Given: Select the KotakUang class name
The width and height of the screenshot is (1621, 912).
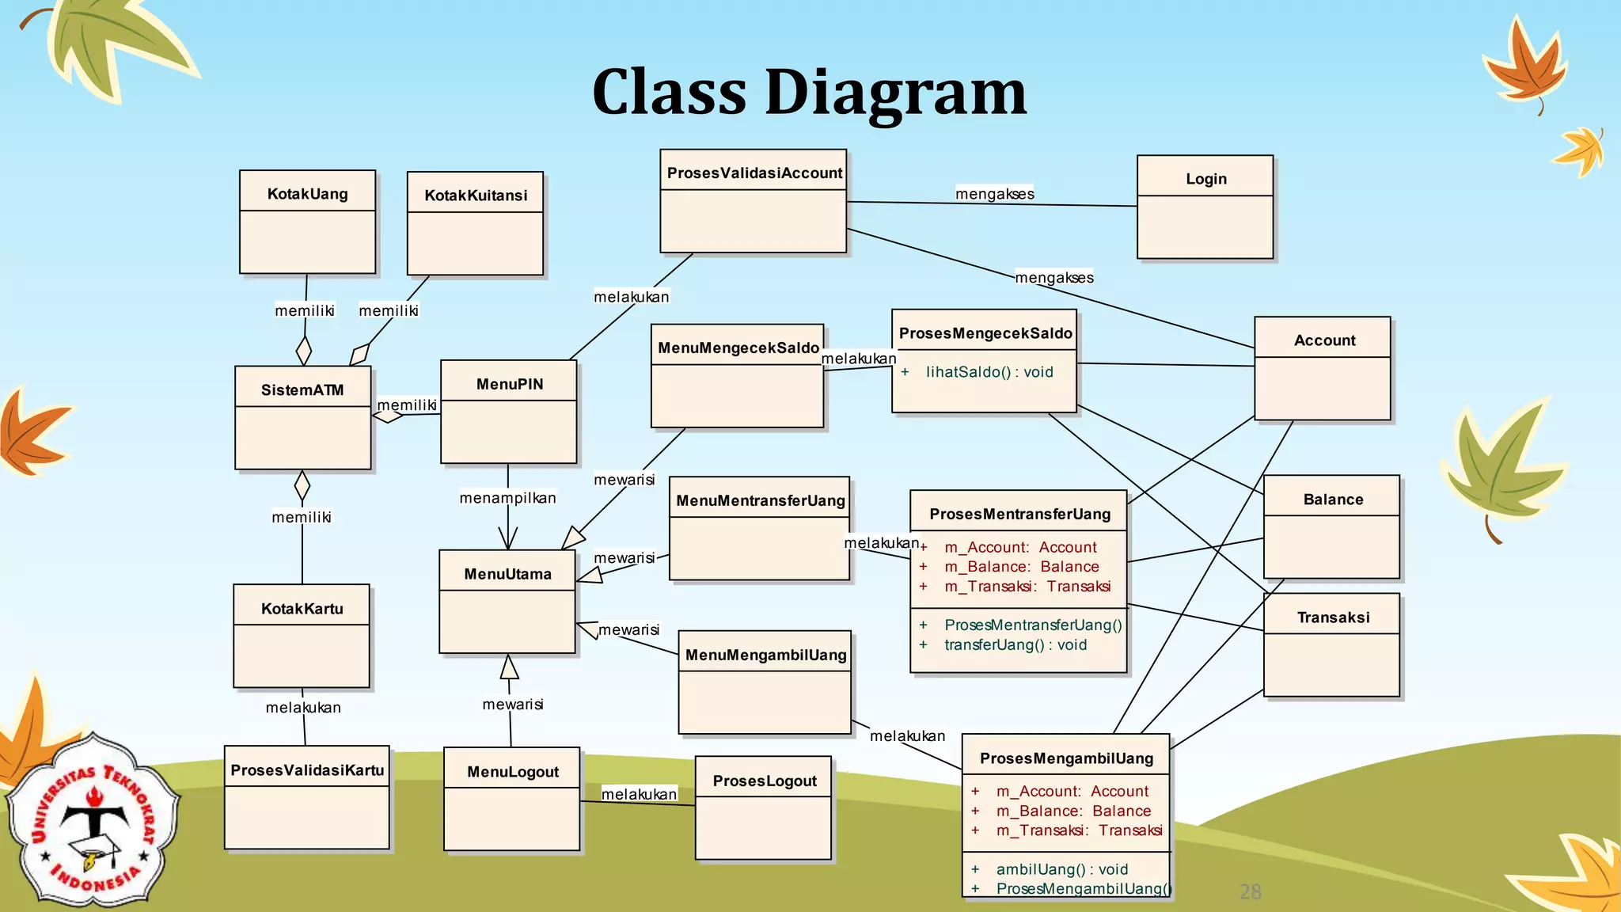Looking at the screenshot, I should [x=307, y=194].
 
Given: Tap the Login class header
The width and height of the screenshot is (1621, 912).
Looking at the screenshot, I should [x=1205, y=179].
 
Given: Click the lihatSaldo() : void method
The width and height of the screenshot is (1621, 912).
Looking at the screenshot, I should [x=989, y=372].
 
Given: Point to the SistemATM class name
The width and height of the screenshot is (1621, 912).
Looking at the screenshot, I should [x=302, y=389].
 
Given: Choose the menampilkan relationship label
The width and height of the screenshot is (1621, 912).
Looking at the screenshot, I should [x=507, y=498].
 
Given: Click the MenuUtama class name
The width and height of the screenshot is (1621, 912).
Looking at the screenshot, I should [x=507, y=574].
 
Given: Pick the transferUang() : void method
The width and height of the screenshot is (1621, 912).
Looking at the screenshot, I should [x=1015, y=644].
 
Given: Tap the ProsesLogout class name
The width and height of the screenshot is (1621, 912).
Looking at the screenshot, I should [x=765, y=781].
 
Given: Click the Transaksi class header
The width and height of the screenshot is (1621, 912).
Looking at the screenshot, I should [x=1333, y=617].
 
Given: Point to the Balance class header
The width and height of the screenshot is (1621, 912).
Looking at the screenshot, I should [x=1333, y=500].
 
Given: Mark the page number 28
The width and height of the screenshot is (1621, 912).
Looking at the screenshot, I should [x=1250, y=892].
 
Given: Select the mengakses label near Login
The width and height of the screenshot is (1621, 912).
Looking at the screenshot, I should [x=994, y=194].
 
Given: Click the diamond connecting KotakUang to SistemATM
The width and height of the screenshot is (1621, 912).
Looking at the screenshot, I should [x=304, y=350].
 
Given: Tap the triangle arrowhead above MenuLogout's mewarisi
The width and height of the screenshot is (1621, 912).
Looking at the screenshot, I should [x=510, y=667].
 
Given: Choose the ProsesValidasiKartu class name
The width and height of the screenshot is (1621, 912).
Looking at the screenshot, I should [x=307, y=770].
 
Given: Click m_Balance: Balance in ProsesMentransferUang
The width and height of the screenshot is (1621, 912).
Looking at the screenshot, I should [x=1021, y=567].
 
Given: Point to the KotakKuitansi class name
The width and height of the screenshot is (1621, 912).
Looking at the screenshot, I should [x=476, y=196].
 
